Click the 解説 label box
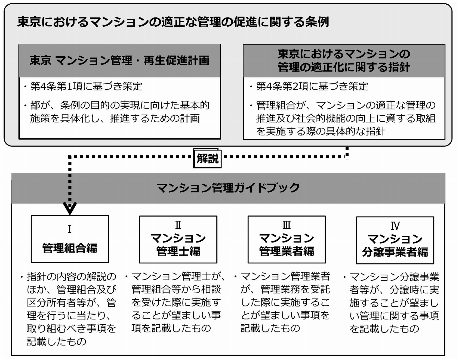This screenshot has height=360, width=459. pos(207,158)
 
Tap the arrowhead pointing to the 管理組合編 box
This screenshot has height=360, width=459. pos(70,208)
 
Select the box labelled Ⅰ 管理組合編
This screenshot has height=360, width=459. pos(70,239)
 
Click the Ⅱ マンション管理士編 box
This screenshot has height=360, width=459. pos(178,239)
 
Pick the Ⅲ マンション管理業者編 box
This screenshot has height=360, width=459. pos(287,239)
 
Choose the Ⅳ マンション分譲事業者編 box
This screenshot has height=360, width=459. pos(395,240)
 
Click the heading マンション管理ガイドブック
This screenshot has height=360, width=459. pos(228,188)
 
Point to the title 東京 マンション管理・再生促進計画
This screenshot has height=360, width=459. pos(119,60)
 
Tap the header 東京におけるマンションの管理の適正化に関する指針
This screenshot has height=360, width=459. pos(344,60)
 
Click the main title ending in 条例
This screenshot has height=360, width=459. pos(173,22)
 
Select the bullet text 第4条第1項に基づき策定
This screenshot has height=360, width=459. pos(86,86)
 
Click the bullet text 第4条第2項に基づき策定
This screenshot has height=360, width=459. pos(312,86)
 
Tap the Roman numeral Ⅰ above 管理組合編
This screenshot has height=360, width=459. pos(70,229)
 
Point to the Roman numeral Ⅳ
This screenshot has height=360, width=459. pos(395,226)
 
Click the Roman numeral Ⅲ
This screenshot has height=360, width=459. pos(287,225)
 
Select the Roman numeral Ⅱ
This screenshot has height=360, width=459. pos(178,225)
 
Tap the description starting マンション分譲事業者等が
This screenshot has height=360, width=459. pos(394,303)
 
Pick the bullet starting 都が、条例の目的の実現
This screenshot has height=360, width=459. pos(119,112)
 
